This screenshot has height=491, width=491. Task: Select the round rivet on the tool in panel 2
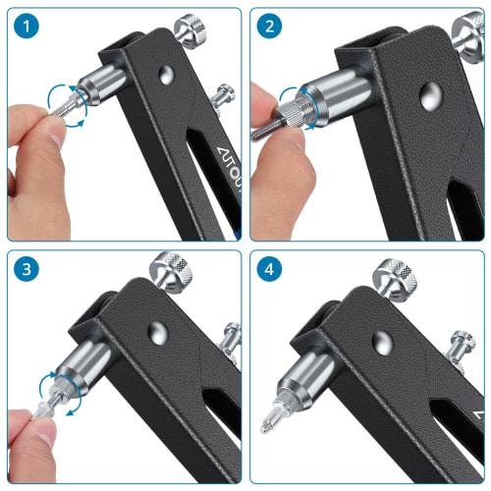(x=430, y=95)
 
